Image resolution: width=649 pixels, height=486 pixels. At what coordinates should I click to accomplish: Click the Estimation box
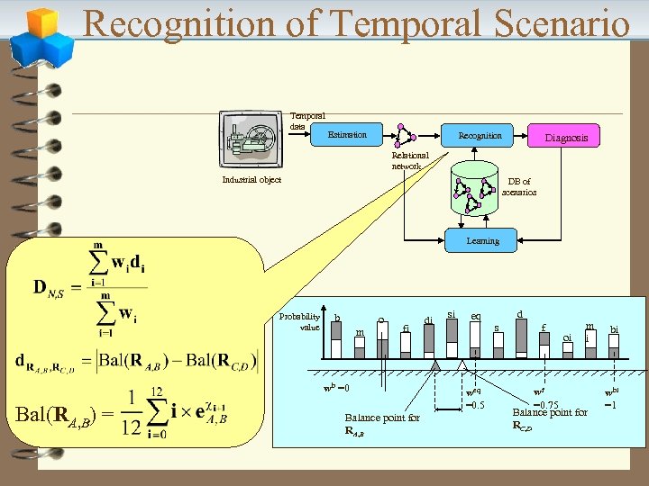coord(347,135)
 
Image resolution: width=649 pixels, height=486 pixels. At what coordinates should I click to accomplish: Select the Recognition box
coord(480,136)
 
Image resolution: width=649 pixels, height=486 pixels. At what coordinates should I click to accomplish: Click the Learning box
coord(482,240)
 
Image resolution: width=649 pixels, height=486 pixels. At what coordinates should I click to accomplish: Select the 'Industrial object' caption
coord(251,180)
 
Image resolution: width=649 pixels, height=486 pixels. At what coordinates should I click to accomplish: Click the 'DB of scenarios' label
coord(519,187)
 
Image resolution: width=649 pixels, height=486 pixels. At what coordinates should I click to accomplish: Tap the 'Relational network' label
coord(410,161)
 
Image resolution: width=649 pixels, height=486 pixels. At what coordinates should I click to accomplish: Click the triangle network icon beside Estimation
coord(404,134)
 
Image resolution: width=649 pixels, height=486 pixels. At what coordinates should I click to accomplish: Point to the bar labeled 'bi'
coord(614,347)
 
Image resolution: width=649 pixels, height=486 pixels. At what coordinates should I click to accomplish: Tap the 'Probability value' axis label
coord(299,321)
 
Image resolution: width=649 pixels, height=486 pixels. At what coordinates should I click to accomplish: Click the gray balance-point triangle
coord(436,366)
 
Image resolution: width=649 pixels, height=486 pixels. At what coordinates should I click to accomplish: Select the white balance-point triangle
coord(474,366)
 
